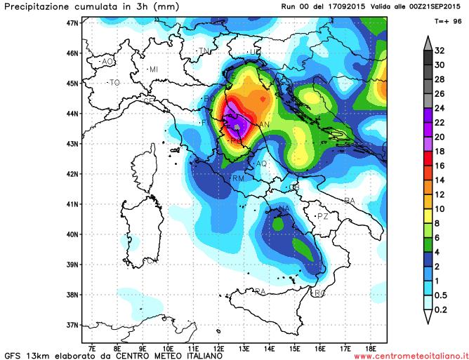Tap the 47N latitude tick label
71,22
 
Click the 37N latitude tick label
71,325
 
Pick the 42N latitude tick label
71,174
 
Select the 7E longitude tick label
92,347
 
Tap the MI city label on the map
154,69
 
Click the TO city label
114,83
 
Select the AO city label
107,62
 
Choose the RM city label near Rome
238,179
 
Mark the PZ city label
323,217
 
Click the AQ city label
262,164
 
